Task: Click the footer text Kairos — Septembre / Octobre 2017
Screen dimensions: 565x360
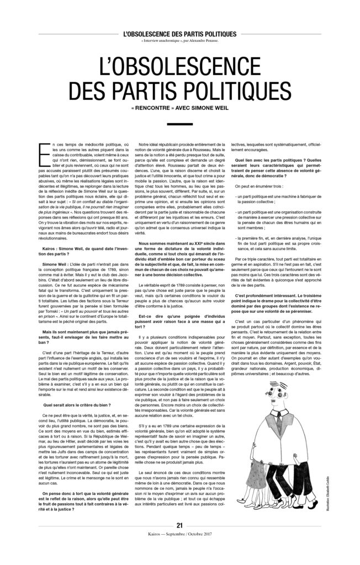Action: tap(179, 549)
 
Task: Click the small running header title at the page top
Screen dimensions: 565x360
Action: tap(179, 34)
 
